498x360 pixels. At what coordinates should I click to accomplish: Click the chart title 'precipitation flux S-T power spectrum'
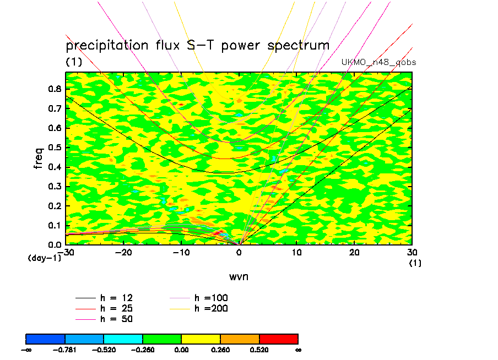click(197, 45)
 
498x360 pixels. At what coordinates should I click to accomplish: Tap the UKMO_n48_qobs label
click(378, 62)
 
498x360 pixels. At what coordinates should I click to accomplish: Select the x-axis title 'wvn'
click(239, 276)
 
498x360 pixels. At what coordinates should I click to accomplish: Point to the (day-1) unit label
click(44, 258)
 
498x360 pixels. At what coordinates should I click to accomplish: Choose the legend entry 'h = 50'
click(116, 319)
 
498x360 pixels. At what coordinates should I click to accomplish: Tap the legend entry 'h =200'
click(211, 308)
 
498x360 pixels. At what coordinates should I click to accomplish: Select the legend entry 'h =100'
click(211, 298)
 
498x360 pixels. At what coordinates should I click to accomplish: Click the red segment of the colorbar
click(278, 338)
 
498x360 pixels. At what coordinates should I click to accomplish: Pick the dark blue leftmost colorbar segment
click(46, 338)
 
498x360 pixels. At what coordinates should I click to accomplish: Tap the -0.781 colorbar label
click(65, 350)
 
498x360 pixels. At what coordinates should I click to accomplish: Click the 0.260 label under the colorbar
click(220, 350)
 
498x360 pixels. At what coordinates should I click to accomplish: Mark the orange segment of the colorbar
click(240, 338)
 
